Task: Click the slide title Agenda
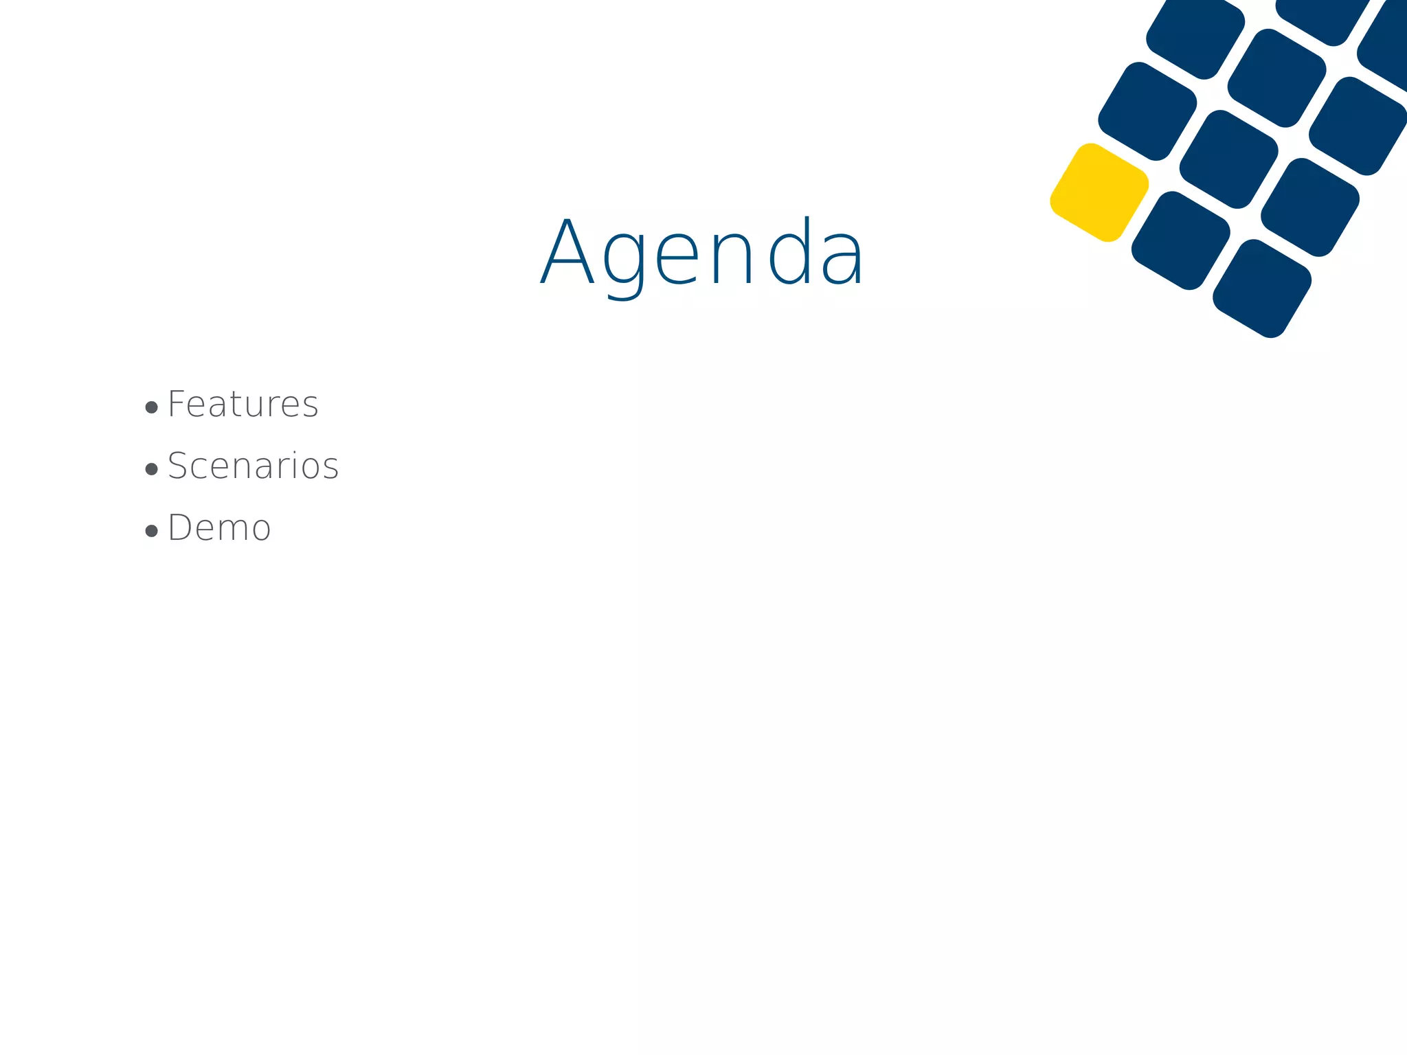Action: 702,252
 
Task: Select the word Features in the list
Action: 243,404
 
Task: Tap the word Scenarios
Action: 254,466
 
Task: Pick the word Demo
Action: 220,528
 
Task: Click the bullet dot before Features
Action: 152,408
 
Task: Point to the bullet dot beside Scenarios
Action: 152,470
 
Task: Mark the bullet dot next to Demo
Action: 152,531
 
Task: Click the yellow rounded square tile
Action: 1099,192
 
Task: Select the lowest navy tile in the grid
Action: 1262,288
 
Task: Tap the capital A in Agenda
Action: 567,251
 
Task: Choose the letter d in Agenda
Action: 790,251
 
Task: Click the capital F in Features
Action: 177,404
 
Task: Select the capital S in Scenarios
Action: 178,466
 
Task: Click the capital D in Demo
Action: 180,528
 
